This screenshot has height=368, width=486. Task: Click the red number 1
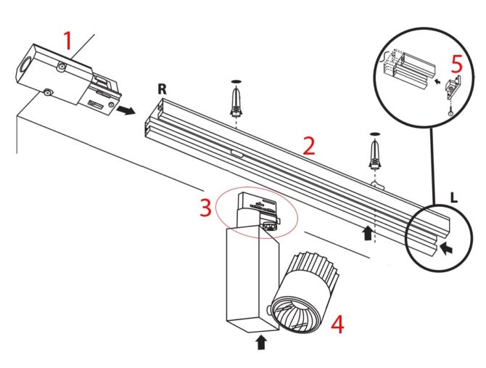point(67,41)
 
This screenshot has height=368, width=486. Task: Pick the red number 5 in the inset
point(456,63)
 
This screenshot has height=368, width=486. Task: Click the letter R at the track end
point(163,90)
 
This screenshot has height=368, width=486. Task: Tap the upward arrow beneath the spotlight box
point(260,340)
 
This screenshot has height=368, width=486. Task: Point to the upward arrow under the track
point(368,233)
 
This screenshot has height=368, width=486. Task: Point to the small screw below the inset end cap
point(450,111)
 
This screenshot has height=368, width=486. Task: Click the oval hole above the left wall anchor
point(235,80)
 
